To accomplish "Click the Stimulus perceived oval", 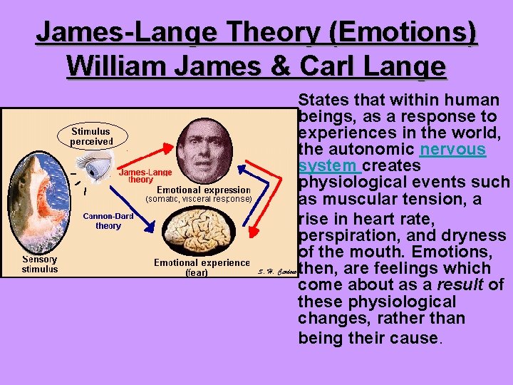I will (91, 136).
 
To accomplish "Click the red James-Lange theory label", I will (145, 176).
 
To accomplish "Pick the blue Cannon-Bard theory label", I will (108, 221).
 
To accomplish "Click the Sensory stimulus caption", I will (39, 265).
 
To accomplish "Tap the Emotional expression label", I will (203, 190).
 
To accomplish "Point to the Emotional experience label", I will (202, 263).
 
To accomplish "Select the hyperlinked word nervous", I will (453, 150).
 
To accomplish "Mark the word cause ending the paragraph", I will (413, 337).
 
